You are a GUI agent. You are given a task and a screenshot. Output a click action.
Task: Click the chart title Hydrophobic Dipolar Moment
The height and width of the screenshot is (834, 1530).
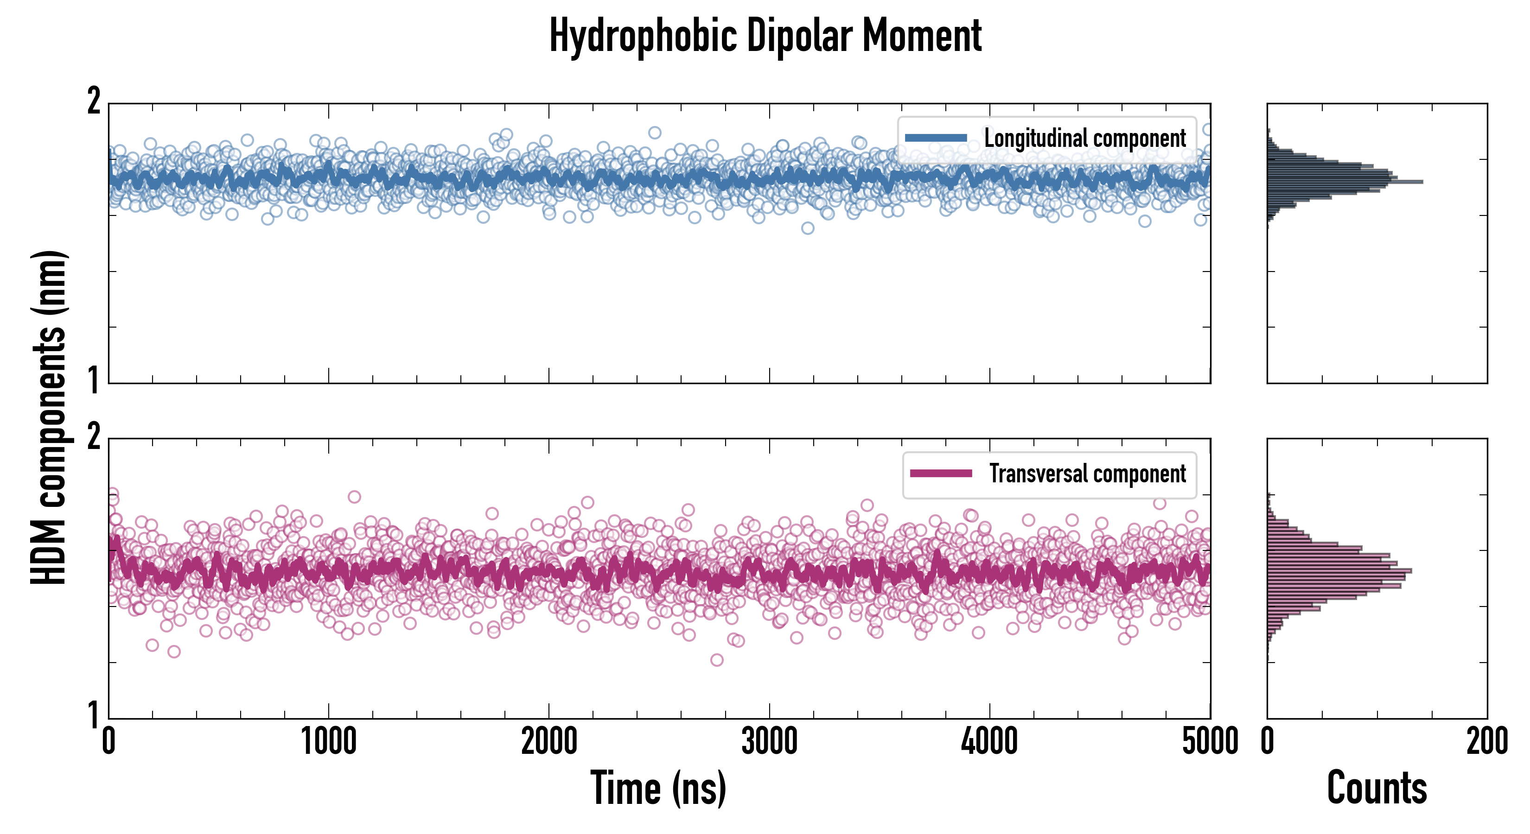tap(765, 36)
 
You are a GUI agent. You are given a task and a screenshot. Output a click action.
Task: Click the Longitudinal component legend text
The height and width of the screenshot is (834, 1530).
tap(1084, 139)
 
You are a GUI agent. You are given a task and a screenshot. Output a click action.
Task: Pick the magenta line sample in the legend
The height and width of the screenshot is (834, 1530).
tap(941, 474)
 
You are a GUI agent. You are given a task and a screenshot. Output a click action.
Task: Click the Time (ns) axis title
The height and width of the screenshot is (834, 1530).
tap(658, 788)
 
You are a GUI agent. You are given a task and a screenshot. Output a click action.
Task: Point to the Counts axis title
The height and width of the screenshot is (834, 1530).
tap(1377, 788)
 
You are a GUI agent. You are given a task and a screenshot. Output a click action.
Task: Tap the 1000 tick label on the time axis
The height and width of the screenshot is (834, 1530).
tap(328, 741)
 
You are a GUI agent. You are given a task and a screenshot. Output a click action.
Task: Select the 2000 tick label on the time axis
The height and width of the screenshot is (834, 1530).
tap(549, 741)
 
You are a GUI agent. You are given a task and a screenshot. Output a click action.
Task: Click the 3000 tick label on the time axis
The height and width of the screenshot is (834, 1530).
tap(769, 741)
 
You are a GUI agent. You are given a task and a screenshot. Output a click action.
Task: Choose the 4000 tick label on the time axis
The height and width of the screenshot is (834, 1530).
tap(989, 741)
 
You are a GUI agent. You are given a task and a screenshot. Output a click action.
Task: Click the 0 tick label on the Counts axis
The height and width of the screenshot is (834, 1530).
tap(1268, 741)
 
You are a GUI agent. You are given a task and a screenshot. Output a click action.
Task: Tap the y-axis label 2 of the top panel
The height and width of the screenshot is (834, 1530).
tap(94, 102)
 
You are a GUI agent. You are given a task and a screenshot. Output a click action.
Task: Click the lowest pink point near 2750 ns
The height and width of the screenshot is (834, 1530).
tap(717, 660)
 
